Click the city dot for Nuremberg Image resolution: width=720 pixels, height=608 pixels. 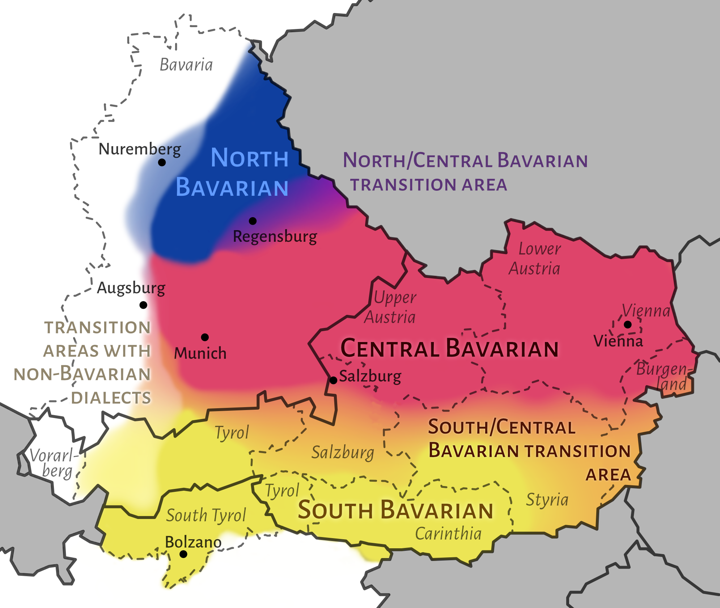[x=162, y=162]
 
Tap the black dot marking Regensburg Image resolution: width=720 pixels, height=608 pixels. [x=253, y=221]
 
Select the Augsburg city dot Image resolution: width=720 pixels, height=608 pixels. [x=143, y=305]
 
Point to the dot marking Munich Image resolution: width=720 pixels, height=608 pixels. [x=205, y=337]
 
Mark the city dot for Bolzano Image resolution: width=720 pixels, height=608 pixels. [x=183, y=554]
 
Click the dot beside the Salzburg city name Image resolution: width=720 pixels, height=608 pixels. [x=334, y=380]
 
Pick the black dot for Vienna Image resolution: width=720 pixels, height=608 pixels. [x=628, y=324]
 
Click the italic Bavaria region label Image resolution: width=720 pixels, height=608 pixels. [x=186, y=65]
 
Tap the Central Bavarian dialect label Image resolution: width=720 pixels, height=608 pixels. [x=449, y=349]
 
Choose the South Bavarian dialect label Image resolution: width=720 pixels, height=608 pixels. [x=395, y=510]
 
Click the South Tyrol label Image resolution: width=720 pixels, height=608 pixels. [x=206, y=515]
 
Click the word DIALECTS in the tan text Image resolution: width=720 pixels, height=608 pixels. [x=111, y=398]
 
